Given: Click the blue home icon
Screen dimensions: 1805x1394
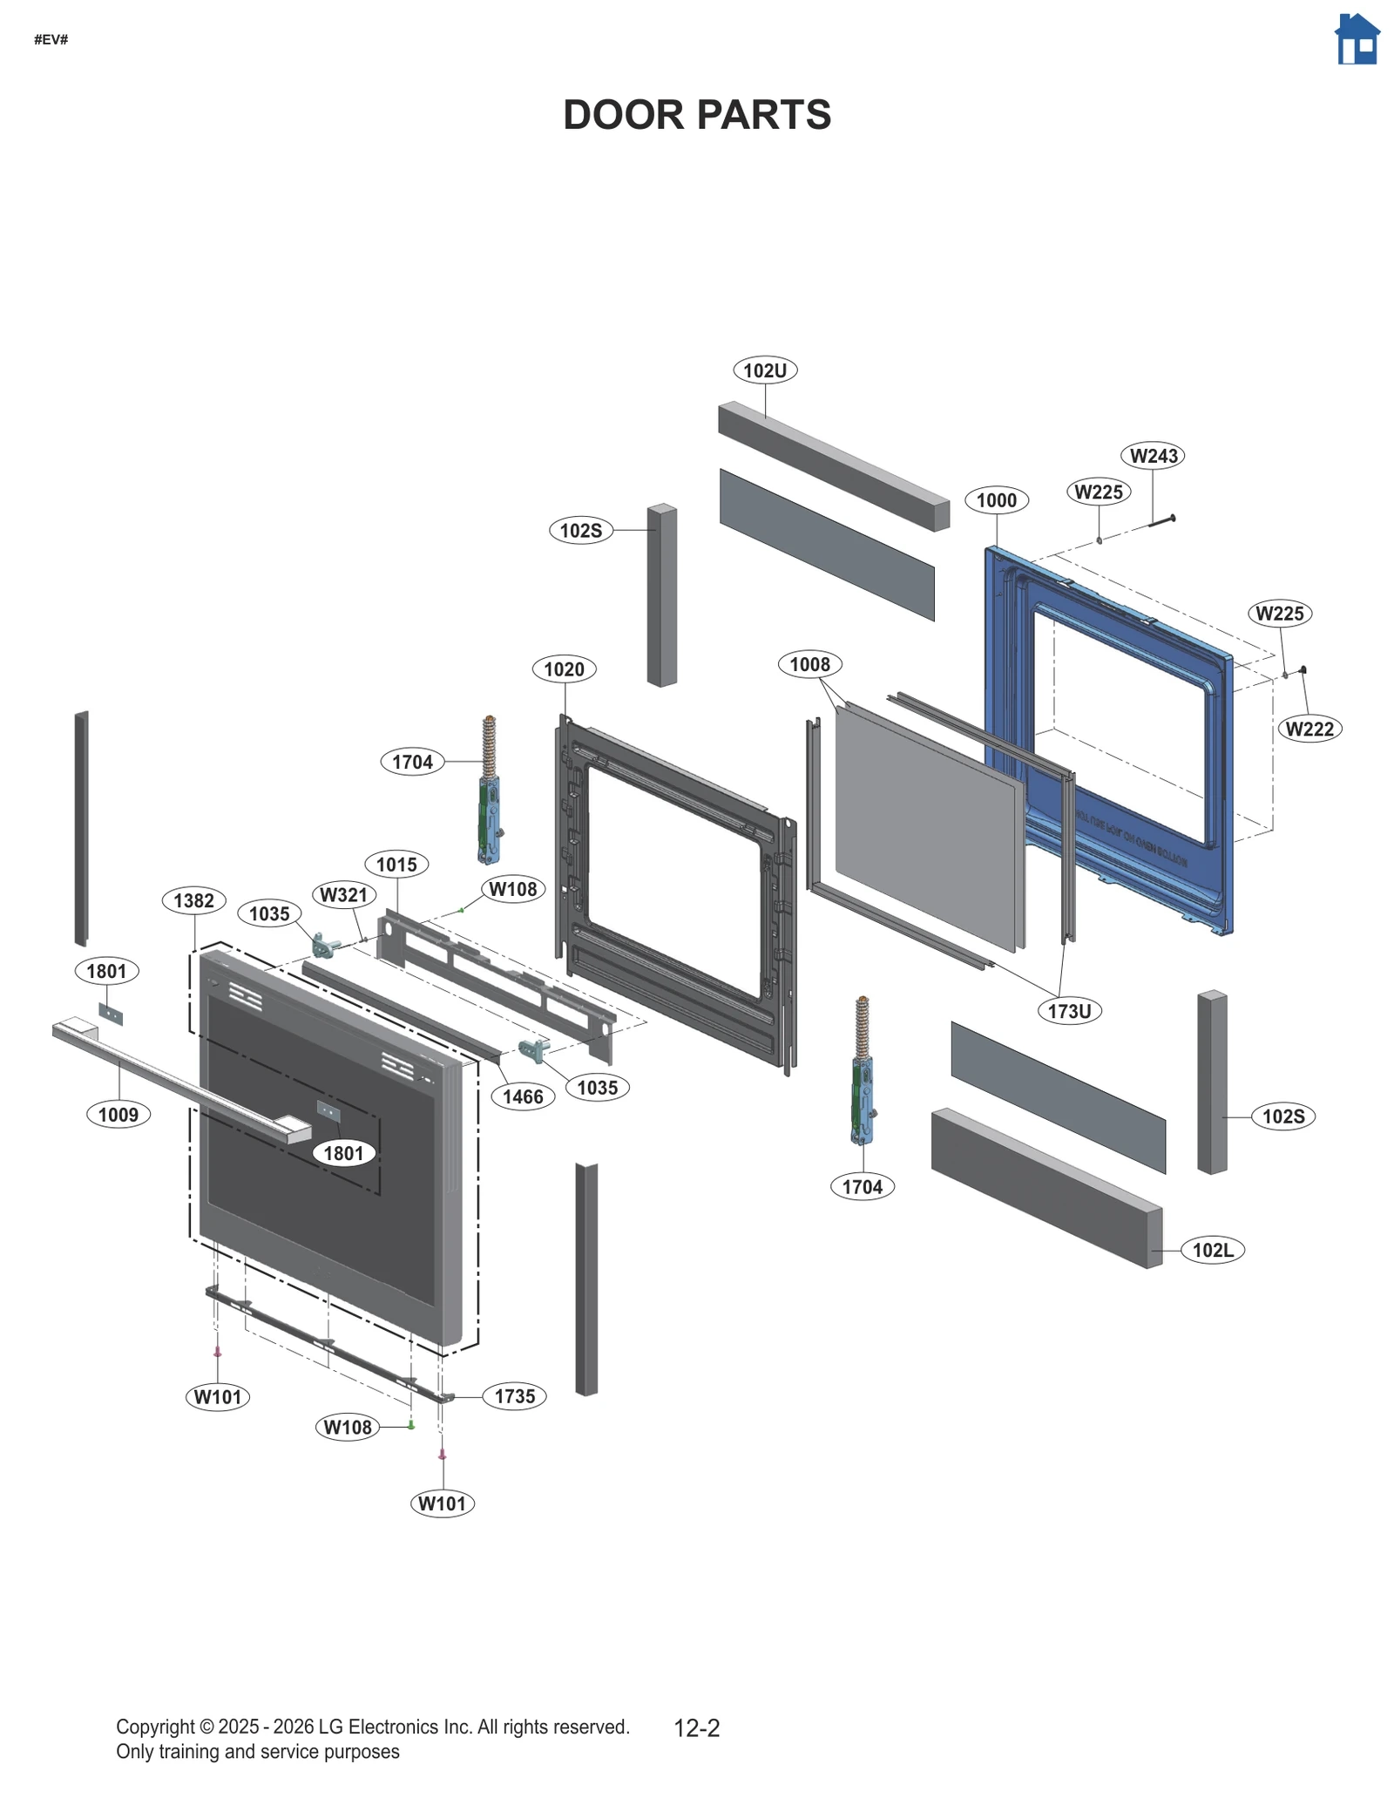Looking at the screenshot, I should [x=1357, y=39].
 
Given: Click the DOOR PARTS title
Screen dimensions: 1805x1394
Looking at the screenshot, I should [x=697, y=115].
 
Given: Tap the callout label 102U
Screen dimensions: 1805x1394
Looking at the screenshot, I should [x=765, y=370].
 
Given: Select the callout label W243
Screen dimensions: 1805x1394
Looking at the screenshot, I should [x=1154, y=456].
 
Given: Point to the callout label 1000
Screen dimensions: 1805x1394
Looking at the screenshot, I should [x=997, y=500].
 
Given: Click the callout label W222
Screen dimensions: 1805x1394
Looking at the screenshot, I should [x=1309, y=729].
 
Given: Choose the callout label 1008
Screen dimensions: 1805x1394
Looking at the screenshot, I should [x=809, y=665].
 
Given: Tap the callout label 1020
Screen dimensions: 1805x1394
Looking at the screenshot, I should [x=564, y=669].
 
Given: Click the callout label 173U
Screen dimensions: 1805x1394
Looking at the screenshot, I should [x=1069, y=1011].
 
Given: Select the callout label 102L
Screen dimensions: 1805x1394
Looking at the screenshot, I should [x=1213, y=1251].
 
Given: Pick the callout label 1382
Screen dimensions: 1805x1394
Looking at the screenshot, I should [x=193, y=900].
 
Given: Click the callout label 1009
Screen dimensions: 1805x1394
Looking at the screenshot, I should [x=118, y=1115].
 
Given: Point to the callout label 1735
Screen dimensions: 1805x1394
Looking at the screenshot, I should [x=514, y=1396].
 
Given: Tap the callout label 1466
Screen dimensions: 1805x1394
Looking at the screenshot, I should [x=523, y=1096].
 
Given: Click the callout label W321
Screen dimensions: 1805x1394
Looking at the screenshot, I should [x=344, y=894].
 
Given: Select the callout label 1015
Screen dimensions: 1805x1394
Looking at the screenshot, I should [x=396, y=865].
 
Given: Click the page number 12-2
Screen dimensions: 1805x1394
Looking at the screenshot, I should [x=697, y=1728].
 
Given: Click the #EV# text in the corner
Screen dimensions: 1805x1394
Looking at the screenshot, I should [x=51, y=40].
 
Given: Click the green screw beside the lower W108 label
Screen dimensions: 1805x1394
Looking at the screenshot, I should [x=411, y=1426].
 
